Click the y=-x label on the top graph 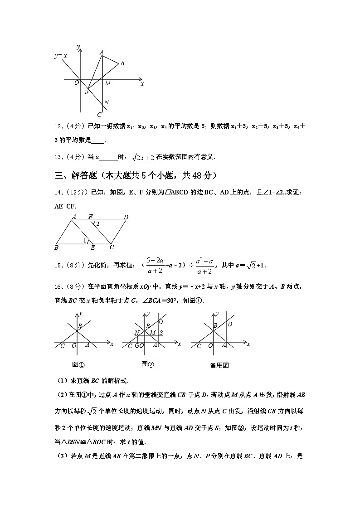[61, 56]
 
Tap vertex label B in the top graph [122, 63]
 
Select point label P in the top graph [86, 93]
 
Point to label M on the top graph [107, 83]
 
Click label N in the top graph [106, 102]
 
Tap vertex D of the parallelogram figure [126, 217]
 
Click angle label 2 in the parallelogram [97, 223]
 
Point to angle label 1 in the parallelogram [84, 241]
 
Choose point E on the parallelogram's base [92, 248]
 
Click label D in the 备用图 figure [230, 324]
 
